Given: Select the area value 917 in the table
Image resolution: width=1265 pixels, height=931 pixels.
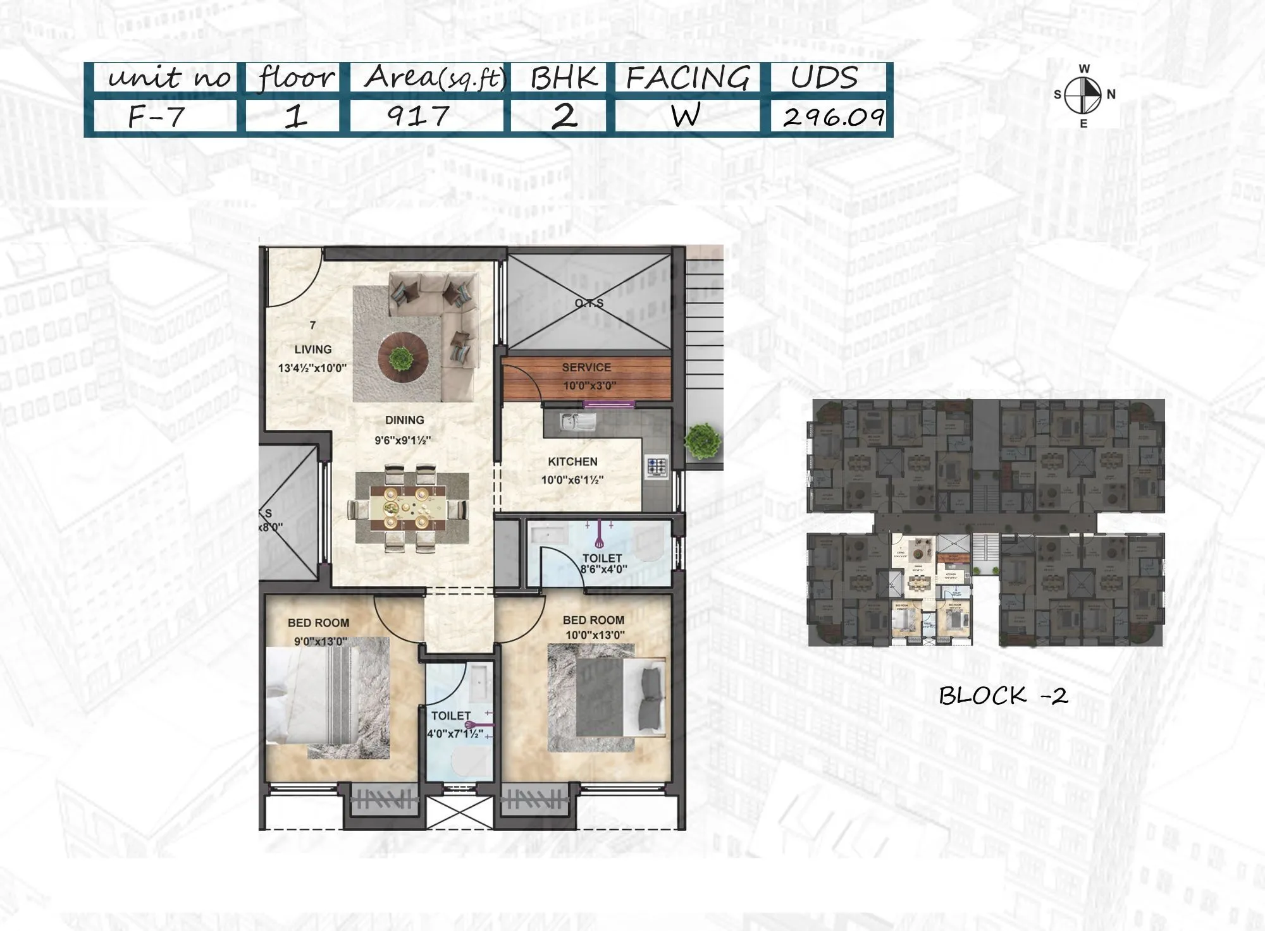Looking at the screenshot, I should tap(417, 116).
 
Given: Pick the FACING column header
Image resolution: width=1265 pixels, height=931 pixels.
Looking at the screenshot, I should tap(688, 78).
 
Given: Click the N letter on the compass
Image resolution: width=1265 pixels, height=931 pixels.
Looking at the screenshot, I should tap(1111, 94).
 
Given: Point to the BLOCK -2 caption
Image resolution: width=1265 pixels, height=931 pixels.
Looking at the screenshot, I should tap(1003, 696).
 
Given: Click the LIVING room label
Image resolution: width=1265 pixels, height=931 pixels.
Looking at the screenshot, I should tap(312, 350).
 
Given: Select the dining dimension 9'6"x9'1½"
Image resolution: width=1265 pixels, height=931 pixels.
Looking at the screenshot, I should tap(402, 441).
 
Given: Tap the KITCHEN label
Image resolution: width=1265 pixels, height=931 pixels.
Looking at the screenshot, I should tap(572, 462).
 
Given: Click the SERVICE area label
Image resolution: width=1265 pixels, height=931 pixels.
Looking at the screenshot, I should tap(586, 367).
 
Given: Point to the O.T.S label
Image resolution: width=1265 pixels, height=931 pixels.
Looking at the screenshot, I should tap(589, 303).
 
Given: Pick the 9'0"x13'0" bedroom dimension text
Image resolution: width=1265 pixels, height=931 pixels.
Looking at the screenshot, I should tap(321, 642).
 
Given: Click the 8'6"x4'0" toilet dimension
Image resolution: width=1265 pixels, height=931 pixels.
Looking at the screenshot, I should tap(603, 569).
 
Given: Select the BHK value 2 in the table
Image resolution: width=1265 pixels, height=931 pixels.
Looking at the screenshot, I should tap(564, 116).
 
